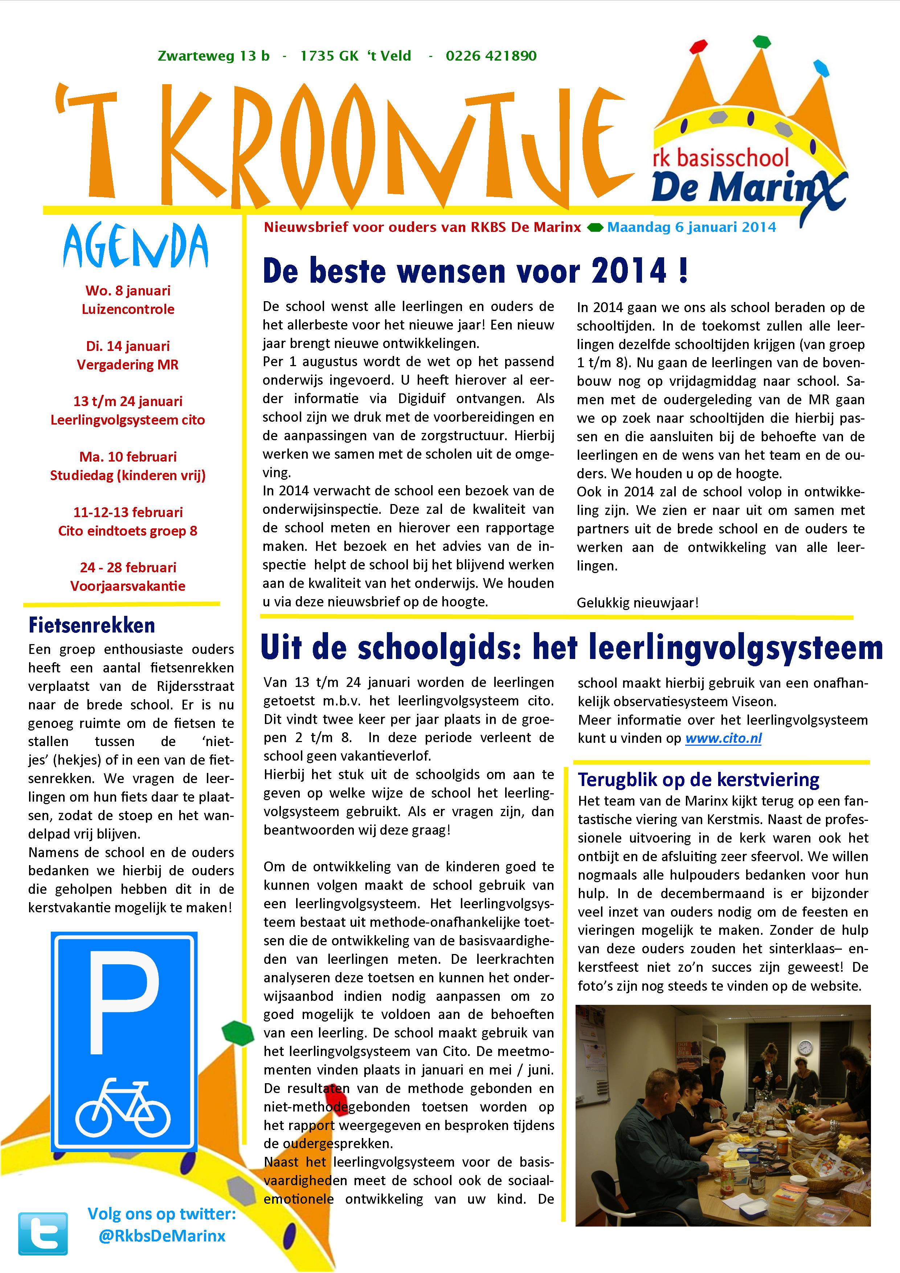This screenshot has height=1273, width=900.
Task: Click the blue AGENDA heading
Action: point(136,246)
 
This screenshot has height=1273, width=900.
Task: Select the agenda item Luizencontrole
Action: point(128,310)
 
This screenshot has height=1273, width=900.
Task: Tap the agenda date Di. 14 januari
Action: point(128,347)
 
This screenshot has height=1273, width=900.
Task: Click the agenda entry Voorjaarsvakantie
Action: point(128,586)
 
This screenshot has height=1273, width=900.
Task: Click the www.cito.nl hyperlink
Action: point(723,738)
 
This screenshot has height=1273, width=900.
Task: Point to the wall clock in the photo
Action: point(805,1047)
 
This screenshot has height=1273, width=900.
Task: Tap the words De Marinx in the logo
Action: point(737,187)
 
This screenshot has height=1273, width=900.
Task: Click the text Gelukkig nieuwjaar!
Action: point(638,603)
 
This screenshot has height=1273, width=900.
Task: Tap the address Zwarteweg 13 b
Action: point(214,56)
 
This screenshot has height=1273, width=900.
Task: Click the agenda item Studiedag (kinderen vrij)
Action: point(128,476)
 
